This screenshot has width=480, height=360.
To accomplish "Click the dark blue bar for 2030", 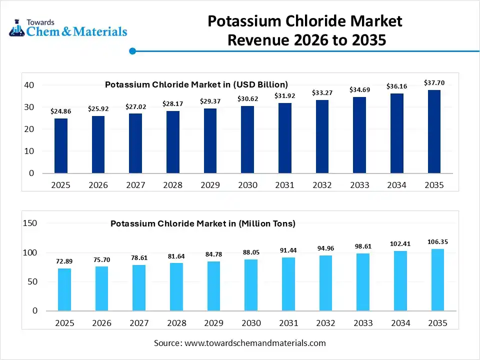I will coord(247,139).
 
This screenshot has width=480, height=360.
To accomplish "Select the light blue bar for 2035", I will coord(437,280).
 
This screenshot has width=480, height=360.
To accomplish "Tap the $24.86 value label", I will coord(61,111).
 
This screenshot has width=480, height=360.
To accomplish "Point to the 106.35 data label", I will coord(437,242).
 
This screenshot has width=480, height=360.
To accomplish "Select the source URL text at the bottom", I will coord(239,343).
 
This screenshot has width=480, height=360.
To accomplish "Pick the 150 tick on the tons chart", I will coord(30,223).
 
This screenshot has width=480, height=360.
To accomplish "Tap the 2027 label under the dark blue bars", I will coord(135,185).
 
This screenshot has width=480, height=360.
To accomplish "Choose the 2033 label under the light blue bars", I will coord(363,323).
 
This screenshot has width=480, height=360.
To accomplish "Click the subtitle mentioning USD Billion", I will coord(196,84).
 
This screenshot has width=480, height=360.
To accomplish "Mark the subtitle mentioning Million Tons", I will coord(202,223).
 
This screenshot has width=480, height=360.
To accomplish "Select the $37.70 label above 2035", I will coord(434,82).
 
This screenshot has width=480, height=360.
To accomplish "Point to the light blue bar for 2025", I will coord(64,289).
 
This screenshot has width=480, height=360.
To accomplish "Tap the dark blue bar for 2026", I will coord(98,144).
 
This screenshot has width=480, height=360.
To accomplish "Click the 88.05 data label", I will coord(251,252).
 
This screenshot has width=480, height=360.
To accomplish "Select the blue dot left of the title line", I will coord(132,51).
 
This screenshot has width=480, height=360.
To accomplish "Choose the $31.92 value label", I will coord(285,96).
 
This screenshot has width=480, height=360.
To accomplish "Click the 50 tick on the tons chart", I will coord(32,282).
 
